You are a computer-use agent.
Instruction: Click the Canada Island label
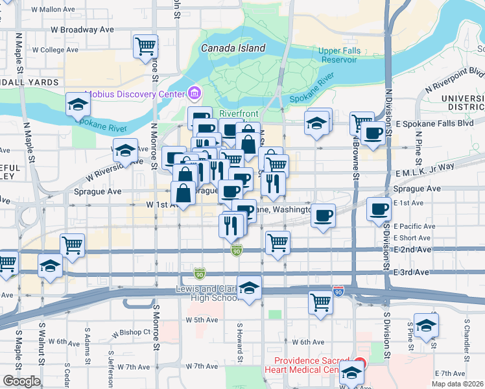click(x=233, y=48)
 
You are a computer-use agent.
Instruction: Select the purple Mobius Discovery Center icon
click(x=193, y=92)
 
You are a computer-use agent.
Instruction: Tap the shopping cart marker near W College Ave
click(x=146, y=46)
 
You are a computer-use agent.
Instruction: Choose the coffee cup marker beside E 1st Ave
click(x=379, y=209)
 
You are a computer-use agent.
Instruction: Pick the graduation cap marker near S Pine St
click(x=426, y=324)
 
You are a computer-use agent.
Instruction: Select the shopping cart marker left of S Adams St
click(x=72, y=244)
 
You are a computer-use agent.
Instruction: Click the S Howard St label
click(x=239, y=337)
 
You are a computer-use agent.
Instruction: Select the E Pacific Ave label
click(x=414, y=226)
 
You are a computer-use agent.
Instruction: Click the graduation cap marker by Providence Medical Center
click(x=352, y=372)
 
